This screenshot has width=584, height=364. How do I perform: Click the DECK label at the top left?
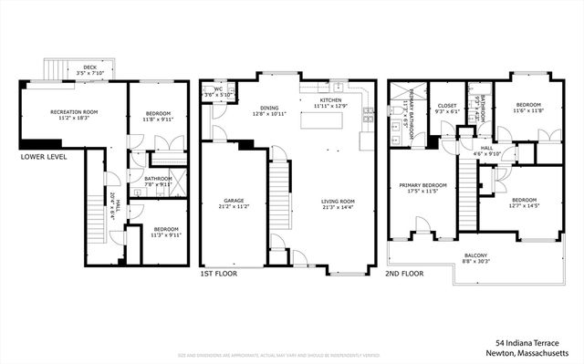click(89, 68)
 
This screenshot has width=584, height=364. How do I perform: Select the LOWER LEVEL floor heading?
click(43, 157)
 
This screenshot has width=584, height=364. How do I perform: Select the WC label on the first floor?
click(219, 89)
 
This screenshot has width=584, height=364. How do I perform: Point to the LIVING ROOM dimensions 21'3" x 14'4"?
click(338, 208)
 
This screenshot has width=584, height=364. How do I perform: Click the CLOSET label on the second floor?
click(447, 105)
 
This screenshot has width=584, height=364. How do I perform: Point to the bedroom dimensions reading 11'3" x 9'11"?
click(167, 234)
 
